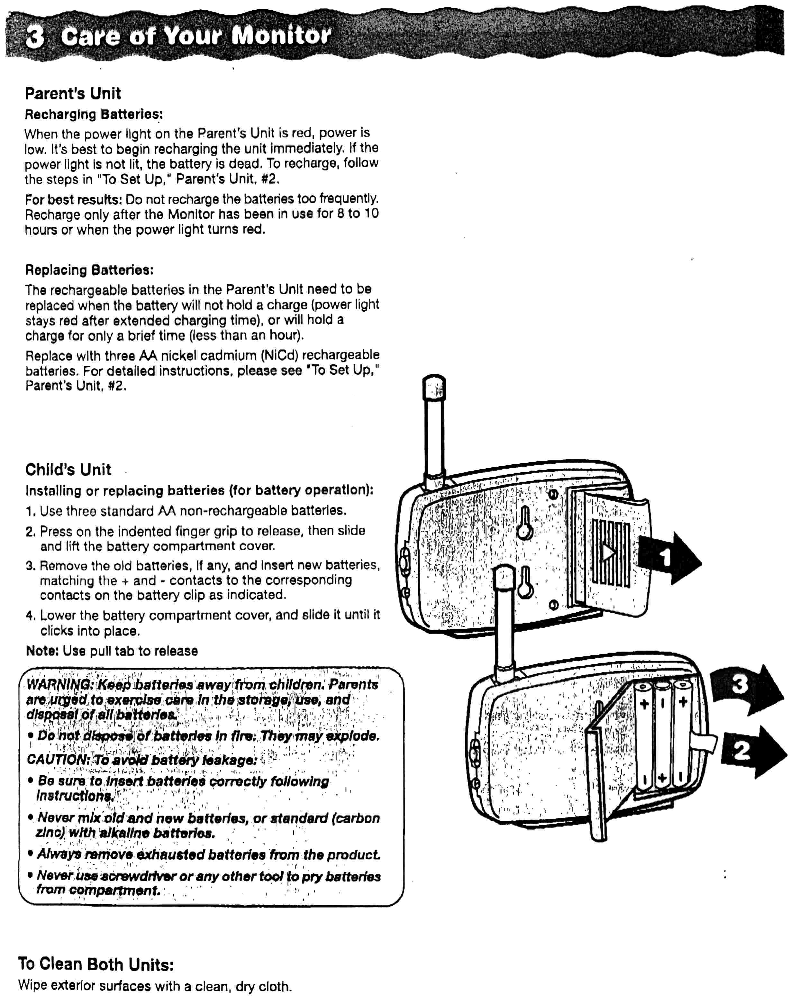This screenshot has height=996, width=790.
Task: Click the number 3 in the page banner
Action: tap(35, 36)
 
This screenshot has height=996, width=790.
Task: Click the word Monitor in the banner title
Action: tap(281, 35)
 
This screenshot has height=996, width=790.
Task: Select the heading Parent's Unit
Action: tap(73, 93)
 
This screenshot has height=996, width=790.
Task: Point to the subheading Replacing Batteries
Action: tap(89, 270)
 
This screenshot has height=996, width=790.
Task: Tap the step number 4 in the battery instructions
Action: tap(30, 615)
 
